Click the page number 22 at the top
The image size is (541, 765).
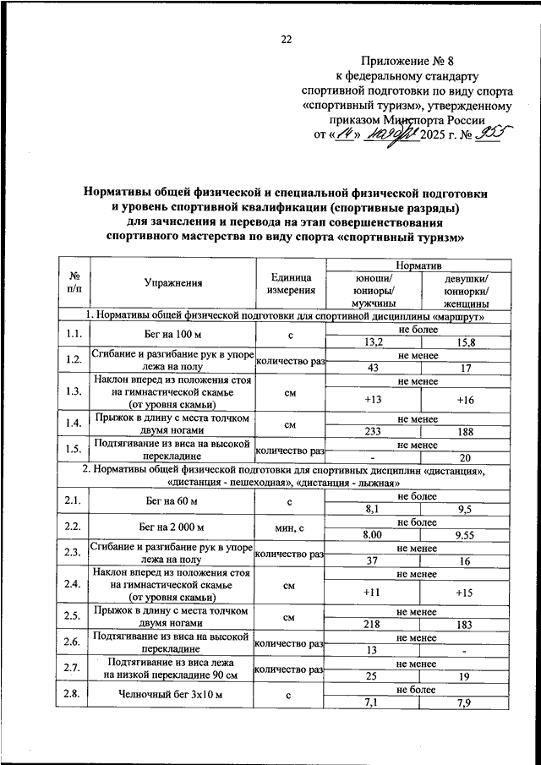pyautogui.click(x=286, y=39)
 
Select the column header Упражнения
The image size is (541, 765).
pyautogui.click(x=172, y=282)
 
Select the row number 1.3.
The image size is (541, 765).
pyautogui.click(x=74, y=390)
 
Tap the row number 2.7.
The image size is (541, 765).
pyautogui.click(x=74, y=669)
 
